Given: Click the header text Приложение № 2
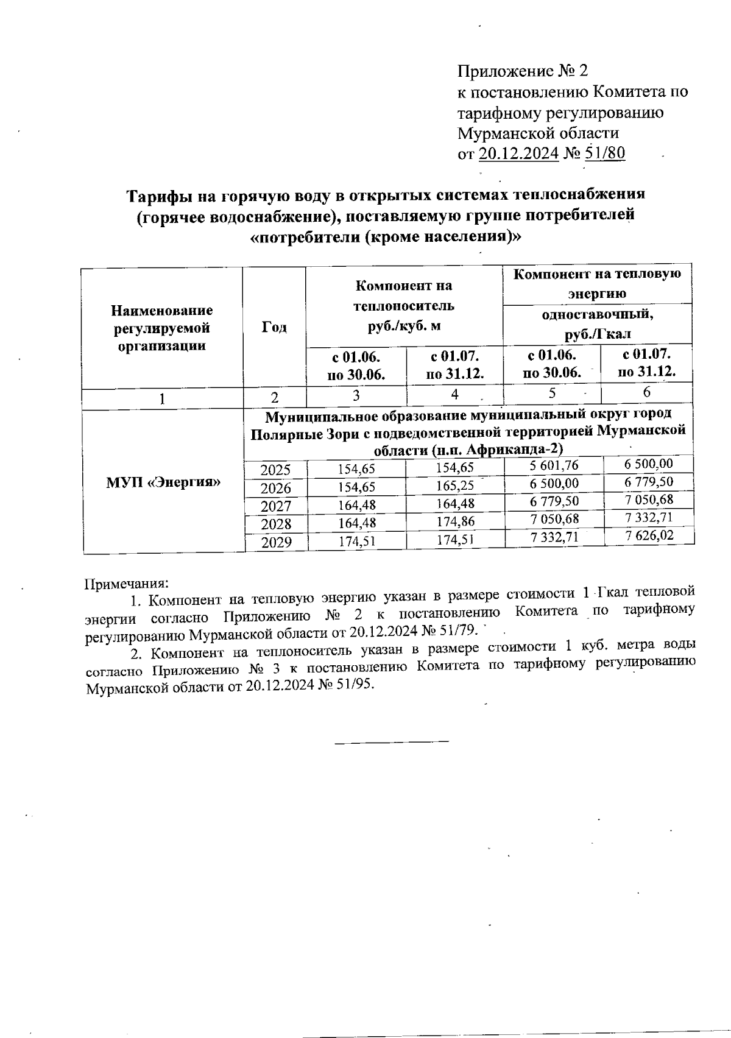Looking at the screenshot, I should pyautogui.click(x=523, y=71).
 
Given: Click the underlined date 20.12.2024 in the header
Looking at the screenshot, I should pyautogui.click(x=519, y=153).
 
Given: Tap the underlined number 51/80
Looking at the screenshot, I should pyautogui.click(x=604, y=153).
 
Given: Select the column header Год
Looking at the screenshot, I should pyautogui.click(x=274, y=328).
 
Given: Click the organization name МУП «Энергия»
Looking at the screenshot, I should pyautogui.click(x=163, y=482).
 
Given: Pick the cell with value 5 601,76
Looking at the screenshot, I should pyautogui.click(x=554, y=466).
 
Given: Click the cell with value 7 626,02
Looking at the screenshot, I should pyautogui.click(x=649, y=535).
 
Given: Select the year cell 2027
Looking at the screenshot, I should pyautogui.click(x=276, y=506).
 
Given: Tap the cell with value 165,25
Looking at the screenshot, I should pyautogui.click(x=455, y=486).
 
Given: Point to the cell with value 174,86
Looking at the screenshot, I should pyautogui.click(x=455, y=521).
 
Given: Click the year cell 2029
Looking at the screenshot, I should pyautogui.click(x=276, y=542).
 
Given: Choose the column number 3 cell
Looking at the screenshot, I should pyautogui.click(x=356, y=395).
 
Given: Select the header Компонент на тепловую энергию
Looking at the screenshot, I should pyautogui.click(x=597, y=283).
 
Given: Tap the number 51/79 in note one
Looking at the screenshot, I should pyautogui.click(x=461, y=629).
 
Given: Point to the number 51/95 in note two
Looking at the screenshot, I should pyautogui.click(x=355, y=684).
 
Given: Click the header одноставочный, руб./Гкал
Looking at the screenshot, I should pyautogui.click(x=597, y=324).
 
